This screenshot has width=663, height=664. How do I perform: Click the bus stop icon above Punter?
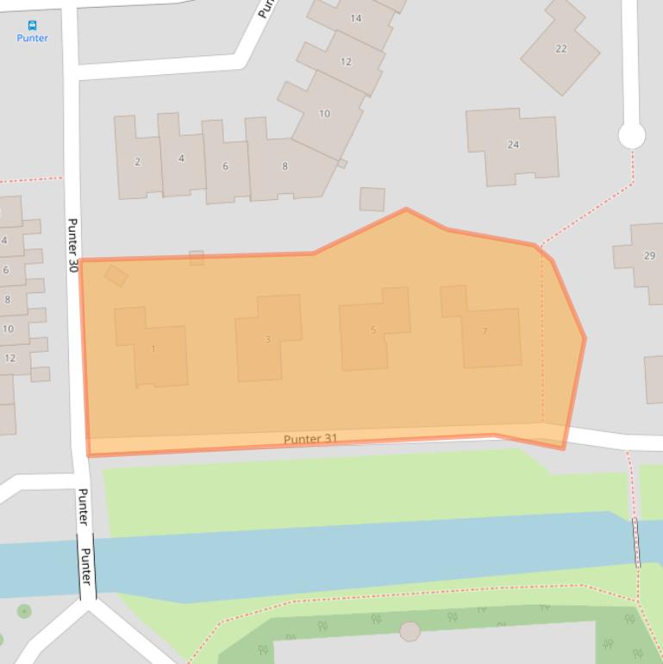(x=33, y=26)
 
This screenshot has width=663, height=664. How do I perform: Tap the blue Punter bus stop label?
(x=33, y=38)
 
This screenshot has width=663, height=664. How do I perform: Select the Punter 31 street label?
(x=310, y=439)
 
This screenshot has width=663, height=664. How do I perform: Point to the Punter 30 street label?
(x=72, y=246)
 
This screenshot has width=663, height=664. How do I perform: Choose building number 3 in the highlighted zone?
(x=268, y=339)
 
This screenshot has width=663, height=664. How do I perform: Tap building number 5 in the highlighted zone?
(x=373, y=329)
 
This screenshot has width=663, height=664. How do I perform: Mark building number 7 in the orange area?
(x=485, y=331)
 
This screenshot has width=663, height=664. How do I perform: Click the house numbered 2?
(x=138, y=161)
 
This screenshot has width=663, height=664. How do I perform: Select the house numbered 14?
(x=355, y=19)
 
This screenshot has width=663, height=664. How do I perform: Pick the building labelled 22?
(x=560, y=48)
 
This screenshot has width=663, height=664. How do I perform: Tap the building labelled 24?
(x=513, y=145)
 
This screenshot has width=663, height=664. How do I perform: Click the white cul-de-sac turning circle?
(x=632, y=135)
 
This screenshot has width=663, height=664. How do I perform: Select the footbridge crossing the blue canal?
(x=636, y=542)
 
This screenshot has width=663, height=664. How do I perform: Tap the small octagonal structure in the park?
(x=410, y=631)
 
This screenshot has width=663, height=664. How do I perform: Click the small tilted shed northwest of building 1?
(x=116, y=275)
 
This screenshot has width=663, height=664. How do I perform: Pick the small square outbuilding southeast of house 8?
(x=372, y=199)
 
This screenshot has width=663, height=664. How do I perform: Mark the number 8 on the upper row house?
(x=285, y=166)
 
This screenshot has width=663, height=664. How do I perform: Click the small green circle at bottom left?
(x=24, y=611)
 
